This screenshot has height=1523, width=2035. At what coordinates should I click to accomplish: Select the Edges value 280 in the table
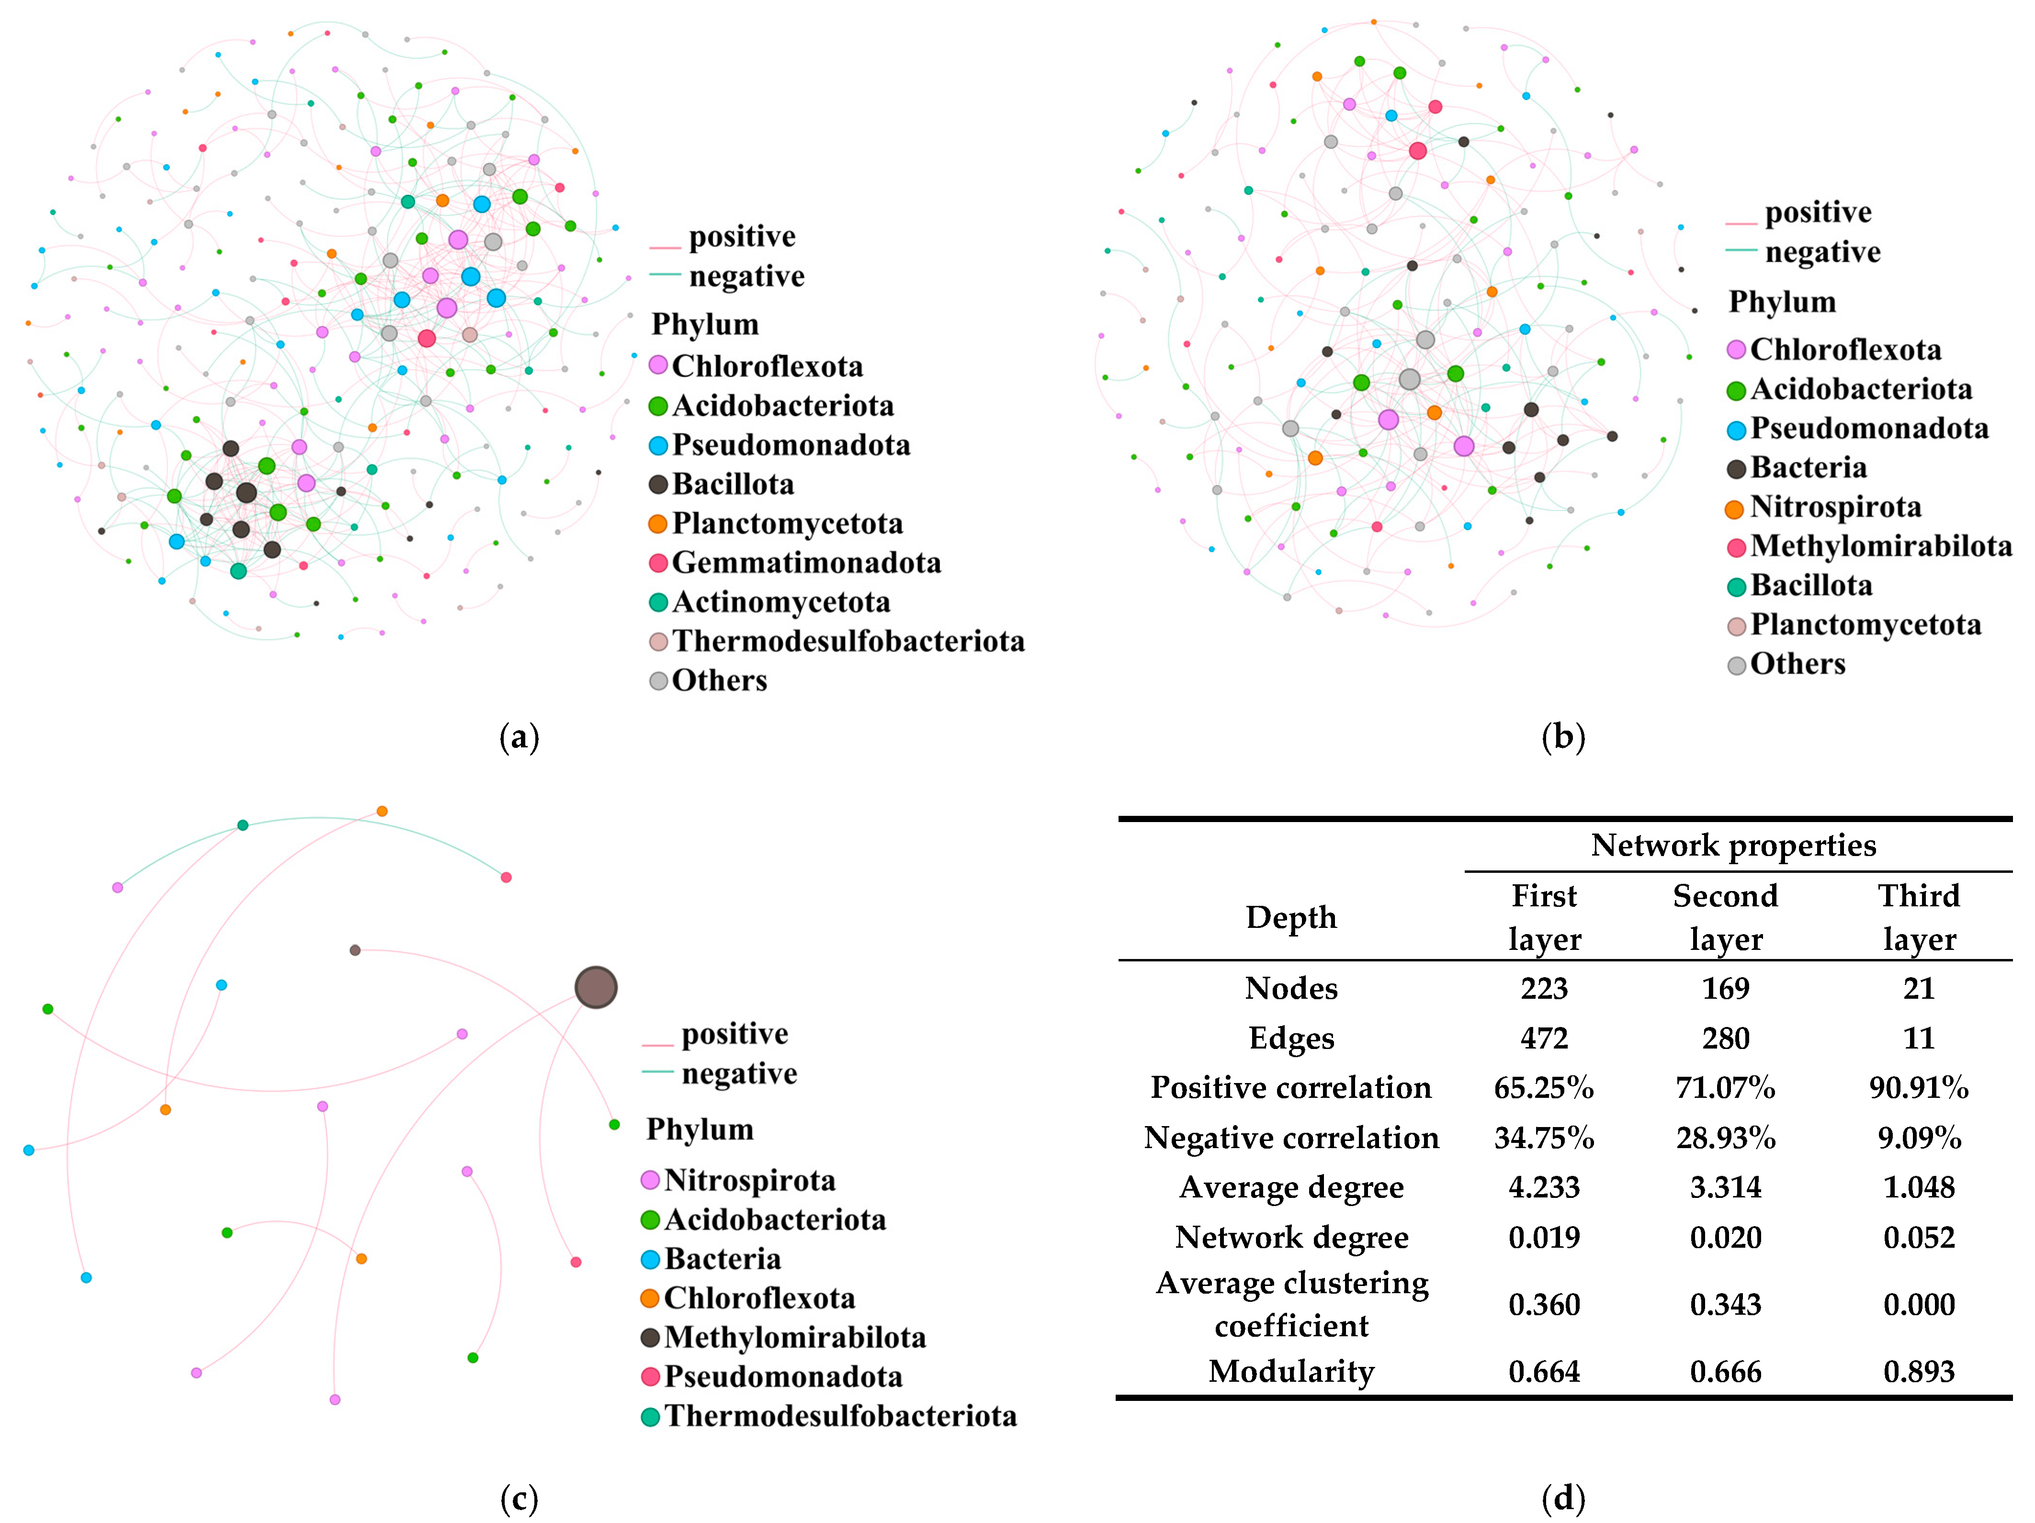tap(1725, 1038)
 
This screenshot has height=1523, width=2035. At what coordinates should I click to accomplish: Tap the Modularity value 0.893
tap(1918, 1371)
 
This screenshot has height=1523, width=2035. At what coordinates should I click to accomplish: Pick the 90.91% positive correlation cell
tap(1918, 1088)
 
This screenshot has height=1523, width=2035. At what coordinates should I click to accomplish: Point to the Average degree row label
tap(1291, 1187)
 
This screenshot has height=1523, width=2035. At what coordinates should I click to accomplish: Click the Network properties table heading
tap(1733, 845)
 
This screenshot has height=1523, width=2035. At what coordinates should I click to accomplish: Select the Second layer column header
tap(1725, 917)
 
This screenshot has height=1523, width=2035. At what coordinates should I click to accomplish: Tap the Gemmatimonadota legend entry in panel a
tap(806, 563)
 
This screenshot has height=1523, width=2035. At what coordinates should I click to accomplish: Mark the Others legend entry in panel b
tap(1797, 664)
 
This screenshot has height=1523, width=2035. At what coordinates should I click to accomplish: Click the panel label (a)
tap(519, 738)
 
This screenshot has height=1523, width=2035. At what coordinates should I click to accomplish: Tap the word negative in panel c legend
tap(739, 1073)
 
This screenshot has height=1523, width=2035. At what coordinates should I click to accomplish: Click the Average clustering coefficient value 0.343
tap(1725, 1304)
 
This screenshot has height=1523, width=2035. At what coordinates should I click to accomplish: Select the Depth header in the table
tap(1291, 917)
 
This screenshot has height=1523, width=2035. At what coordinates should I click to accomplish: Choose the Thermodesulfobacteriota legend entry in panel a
tap(848, 641)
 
